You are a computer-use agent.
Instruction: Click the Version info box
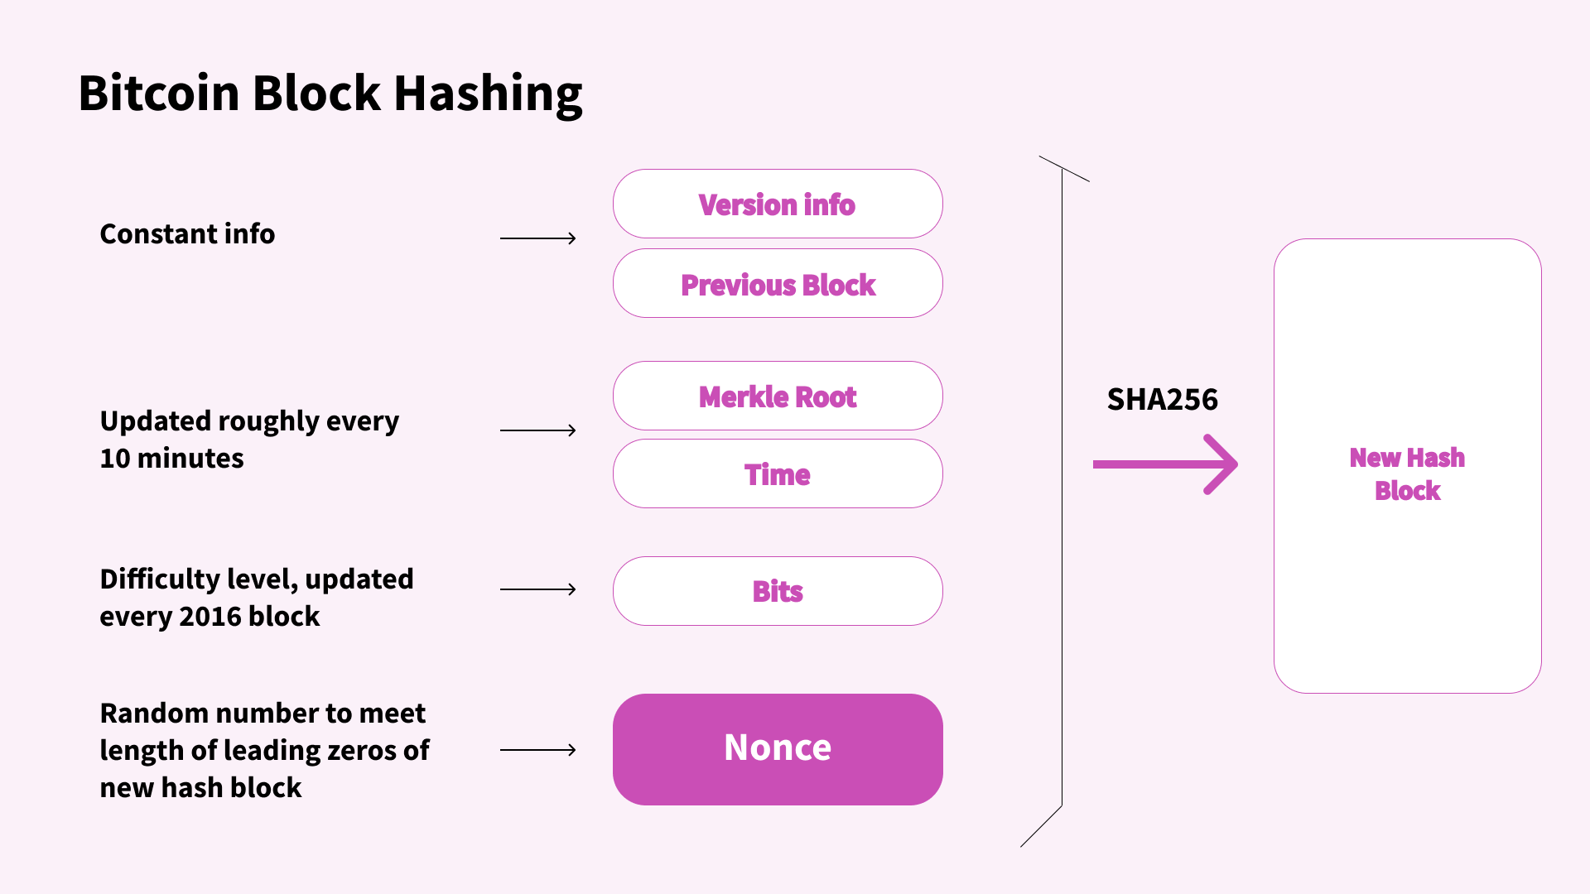coord(777,204)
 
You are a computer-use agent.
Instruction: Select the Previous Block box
coord(777,284)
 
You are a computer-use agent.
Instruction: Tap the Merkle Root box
coord(777,397)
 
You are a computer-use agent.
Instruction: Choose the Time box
coord(777,474)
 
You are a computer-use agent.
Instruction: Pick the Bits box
coord(777,591)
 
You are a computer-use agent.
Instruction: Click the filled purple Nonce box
coord(777,749)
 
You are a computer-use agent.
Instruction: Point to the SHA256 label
coord(1162,400)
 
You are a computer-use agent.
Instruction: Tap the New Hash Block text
coord(1407,473)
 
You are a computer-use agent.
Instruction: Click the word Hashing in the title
coord(488,93)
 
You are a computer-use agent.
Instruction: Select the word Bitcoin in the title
coord(159,93)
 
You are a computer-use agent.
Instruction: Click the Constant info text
coord(187,234)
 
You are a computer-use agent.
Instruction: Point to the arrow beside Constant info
coord(537,238)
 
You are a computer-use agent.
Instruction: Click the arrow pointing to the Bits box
coord(537,589)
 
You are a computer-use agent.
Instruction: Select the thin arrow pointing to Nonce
coord(537,750)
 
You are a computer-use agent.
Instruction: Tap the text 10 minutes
coord(171,459)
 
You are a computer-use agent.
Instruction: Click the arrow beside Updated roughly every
coord(537,430)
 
